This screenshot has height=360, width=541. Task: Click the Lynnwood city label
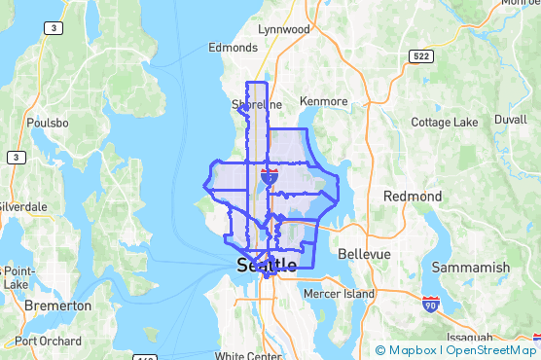point(284,29)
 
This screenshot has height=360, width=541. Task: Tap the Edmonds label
point(233,47)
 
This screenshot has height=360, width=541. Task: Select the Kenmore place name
point(324,101)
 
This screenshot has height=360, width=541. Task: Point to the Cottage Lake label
point(445,123)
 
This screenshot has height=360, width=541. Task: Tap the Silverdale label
point(21,207)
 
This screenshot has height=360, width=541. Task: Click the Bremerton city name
point(57,306)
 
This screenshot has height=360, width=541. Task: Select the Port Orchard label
point(48,342)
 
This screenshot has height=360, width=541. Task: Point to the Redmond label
point(413,197)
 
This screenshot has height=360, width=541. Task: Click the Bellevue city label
point(364,254)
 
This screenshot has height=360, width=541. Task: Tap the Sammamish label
point(479,268)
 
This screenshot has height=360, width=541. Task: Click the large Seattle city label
point(267,265)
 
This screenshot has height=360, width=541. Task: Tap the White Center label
point(248,356)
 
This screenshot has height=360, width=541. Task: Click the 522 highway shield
point(420,56)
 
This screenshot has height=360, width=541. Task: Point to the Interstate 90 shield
point(431,306)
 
